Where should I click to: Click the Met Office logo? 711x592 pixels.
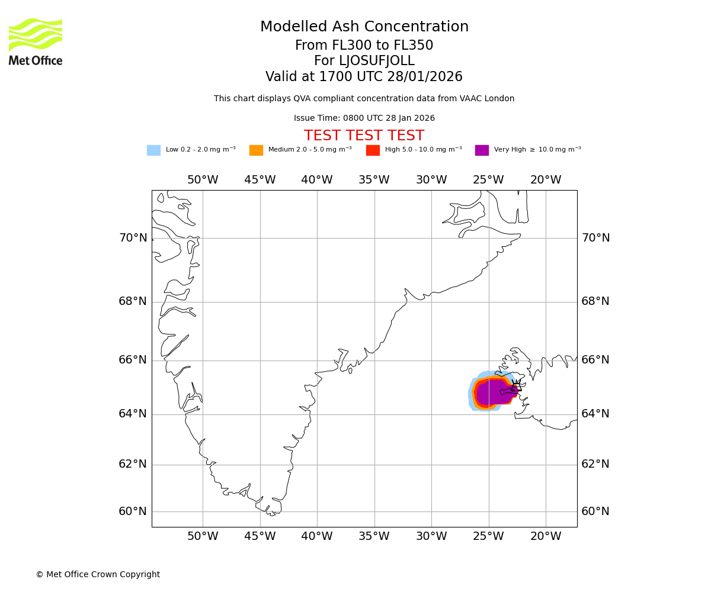[36, 41]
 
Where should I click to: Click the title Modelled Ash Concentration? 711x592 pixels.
[364, 27]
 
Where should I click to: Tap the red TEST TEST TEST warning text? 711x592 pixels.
[364, 136]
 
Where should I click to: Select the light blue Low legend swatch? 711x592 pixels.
[153, 150]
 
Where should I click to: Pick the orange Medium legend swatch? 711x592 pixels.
[256, 150]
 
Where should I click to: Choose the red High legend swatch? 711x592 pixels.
[373, 150]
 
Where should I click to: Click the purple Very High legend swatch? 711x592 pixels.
[482, 150]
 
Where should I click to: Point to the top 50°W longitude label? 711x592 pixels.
[203, 180]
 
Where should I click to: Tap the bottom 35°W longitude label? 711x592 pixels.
[374, 537]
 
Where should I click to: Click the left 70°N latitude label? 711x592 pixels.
[133, 238]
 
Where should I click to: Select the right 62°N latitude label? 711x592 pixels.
[595, 464]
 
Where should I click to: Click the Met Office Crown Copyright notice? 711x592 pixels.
[98, 575]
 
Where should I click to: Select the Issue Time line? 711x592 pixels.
[364, 118]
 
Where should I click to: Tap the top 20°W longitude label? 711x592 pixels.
[546, 180]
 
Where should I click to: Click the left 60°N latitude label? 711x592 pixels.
[133, 511]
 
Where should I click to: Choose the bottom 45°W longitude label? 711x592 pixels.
[260, 537]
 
